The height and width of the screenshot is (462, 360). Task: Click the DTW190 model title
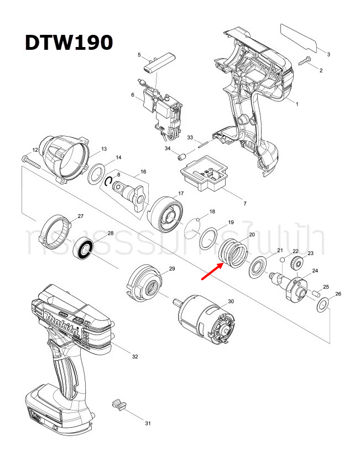pyautogui.click(x=69, y=43)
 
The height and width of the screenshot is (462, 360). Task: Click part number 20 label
pyautogui.click(x=252, y=235)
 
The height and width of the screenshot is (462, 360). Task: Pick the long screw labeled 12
pyautogui.click(x=33, y=162)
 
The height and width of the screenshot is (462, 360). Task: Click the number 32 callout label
pyautogui.click(x=134, y=357)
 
